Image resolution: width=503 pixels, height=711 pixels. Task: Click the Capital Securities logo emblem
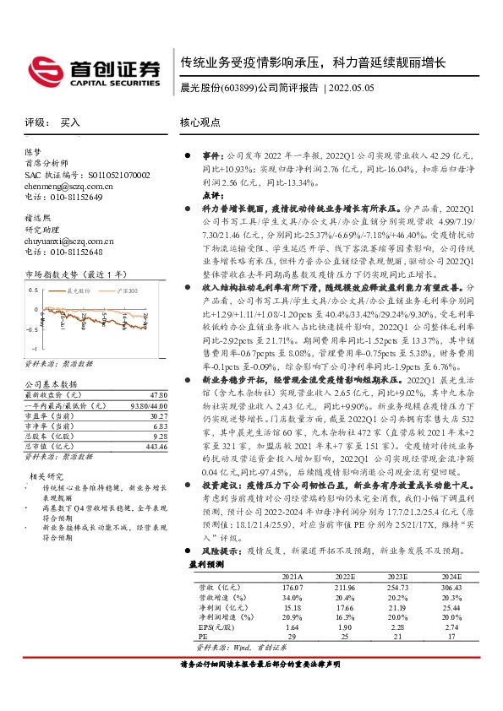[43, 68]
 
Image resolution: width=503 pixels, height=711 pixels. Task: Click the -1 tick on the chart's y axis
[34, 348]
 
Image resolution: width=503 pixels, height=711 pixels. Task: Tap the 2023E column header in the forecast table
[373, 575]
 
